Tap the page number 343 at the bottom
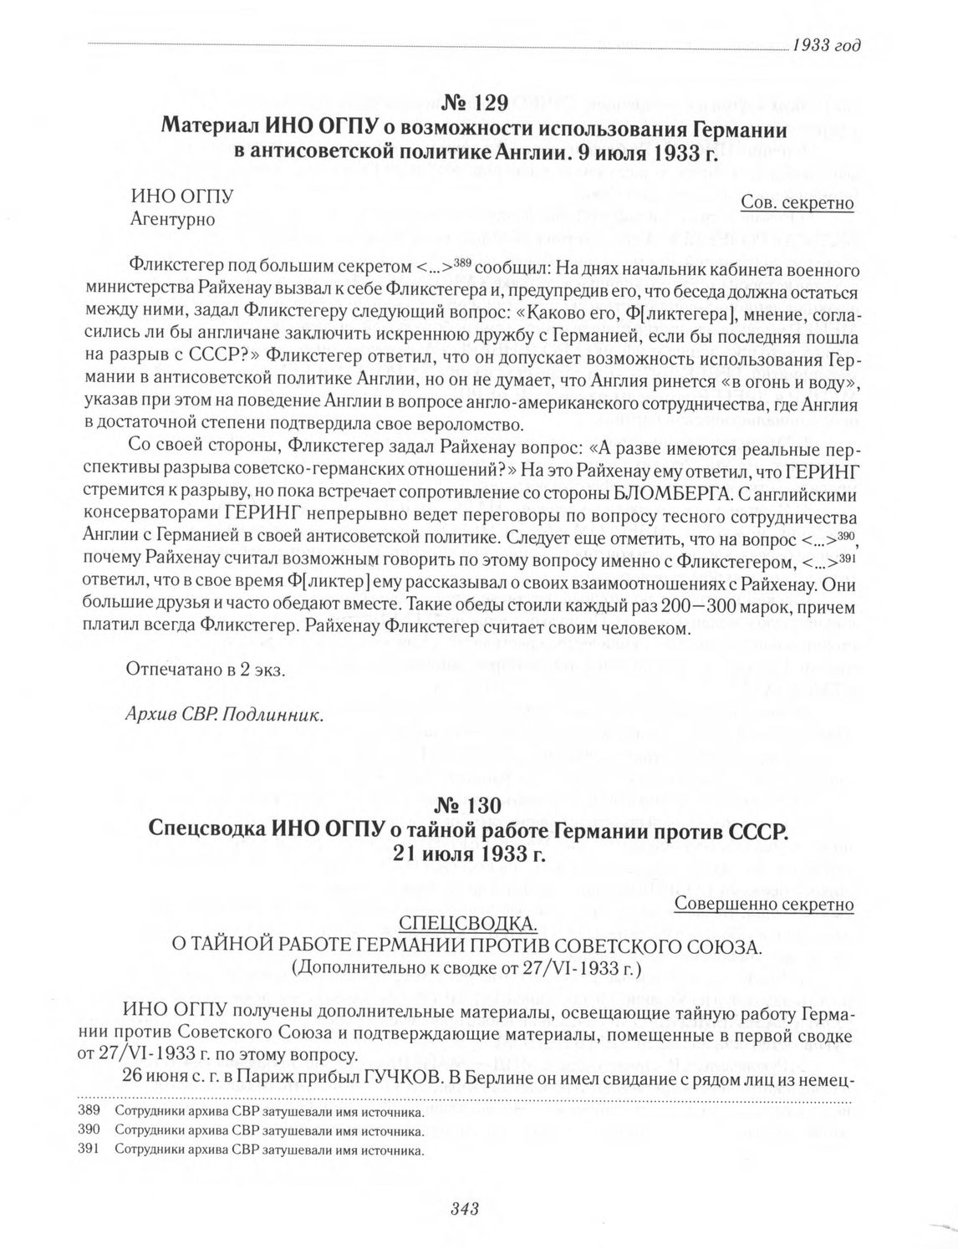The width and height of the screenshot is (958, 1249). [463, 1207]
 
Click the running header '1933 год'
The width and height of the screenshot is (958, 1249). [826, 45]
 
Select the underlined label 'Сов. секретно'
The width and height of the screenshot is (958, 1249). [797, 203]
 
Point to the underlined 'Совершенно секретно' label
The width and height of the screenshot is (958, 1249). [763, 904]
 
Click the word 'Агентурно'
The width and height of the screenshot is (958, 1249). [173, 220]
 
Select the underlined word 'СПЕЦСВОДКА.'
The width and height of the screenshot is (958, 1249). [466, 924]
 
